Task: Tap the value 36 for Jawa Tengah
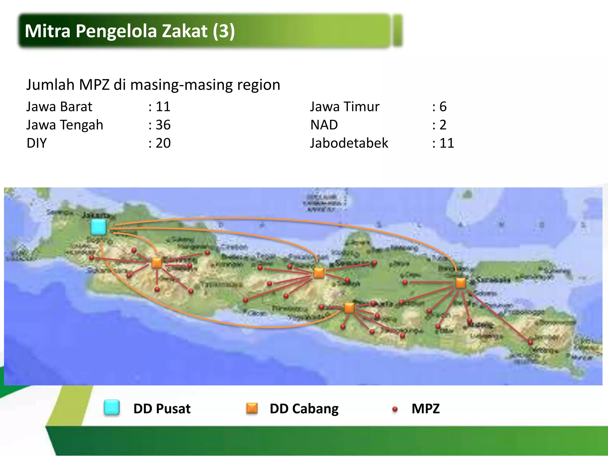tap(163, 125)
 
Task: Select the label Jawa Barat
tap(59, 107)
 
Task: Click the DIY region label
tap(37, 143)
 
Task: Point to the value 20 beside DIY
tap(163, 143)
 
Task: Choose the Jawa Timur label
tap(345, 107)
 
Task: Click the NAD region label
tap(324, 125)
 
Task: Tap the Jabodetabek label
tap(349, 143)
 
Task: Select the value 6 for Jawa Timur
tap(443, 107)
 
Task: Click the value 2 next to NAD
tap(443, 125)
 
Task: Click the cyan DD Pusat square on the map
tap(99, 227)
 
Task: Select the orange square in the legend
tap(252, 408)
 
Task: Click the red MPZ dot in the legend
tap(395, 409)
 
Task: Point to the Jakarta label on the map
tap(98, 215)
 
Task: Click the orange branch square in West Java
tap(157, 263)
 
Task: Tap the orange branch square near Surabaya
tap(460, 283)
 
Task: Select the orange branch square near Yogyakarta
tap(349, 308)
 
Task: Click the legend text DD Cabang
tap(304, 408)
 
